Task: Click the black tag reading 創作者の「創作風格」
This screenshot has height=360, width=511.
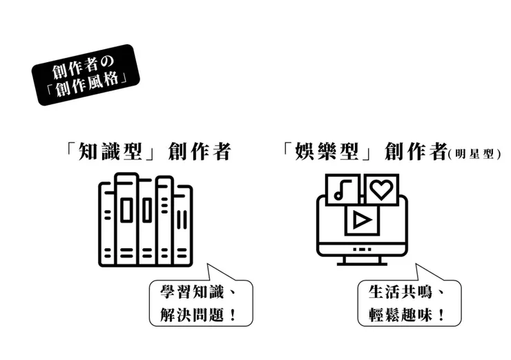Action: [x=86, y=75]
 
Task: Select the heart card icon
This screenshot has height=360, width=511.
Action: [x=381, y=188]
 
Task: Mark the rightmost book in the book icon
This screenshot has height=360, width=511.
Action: [x=182, y=225]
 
